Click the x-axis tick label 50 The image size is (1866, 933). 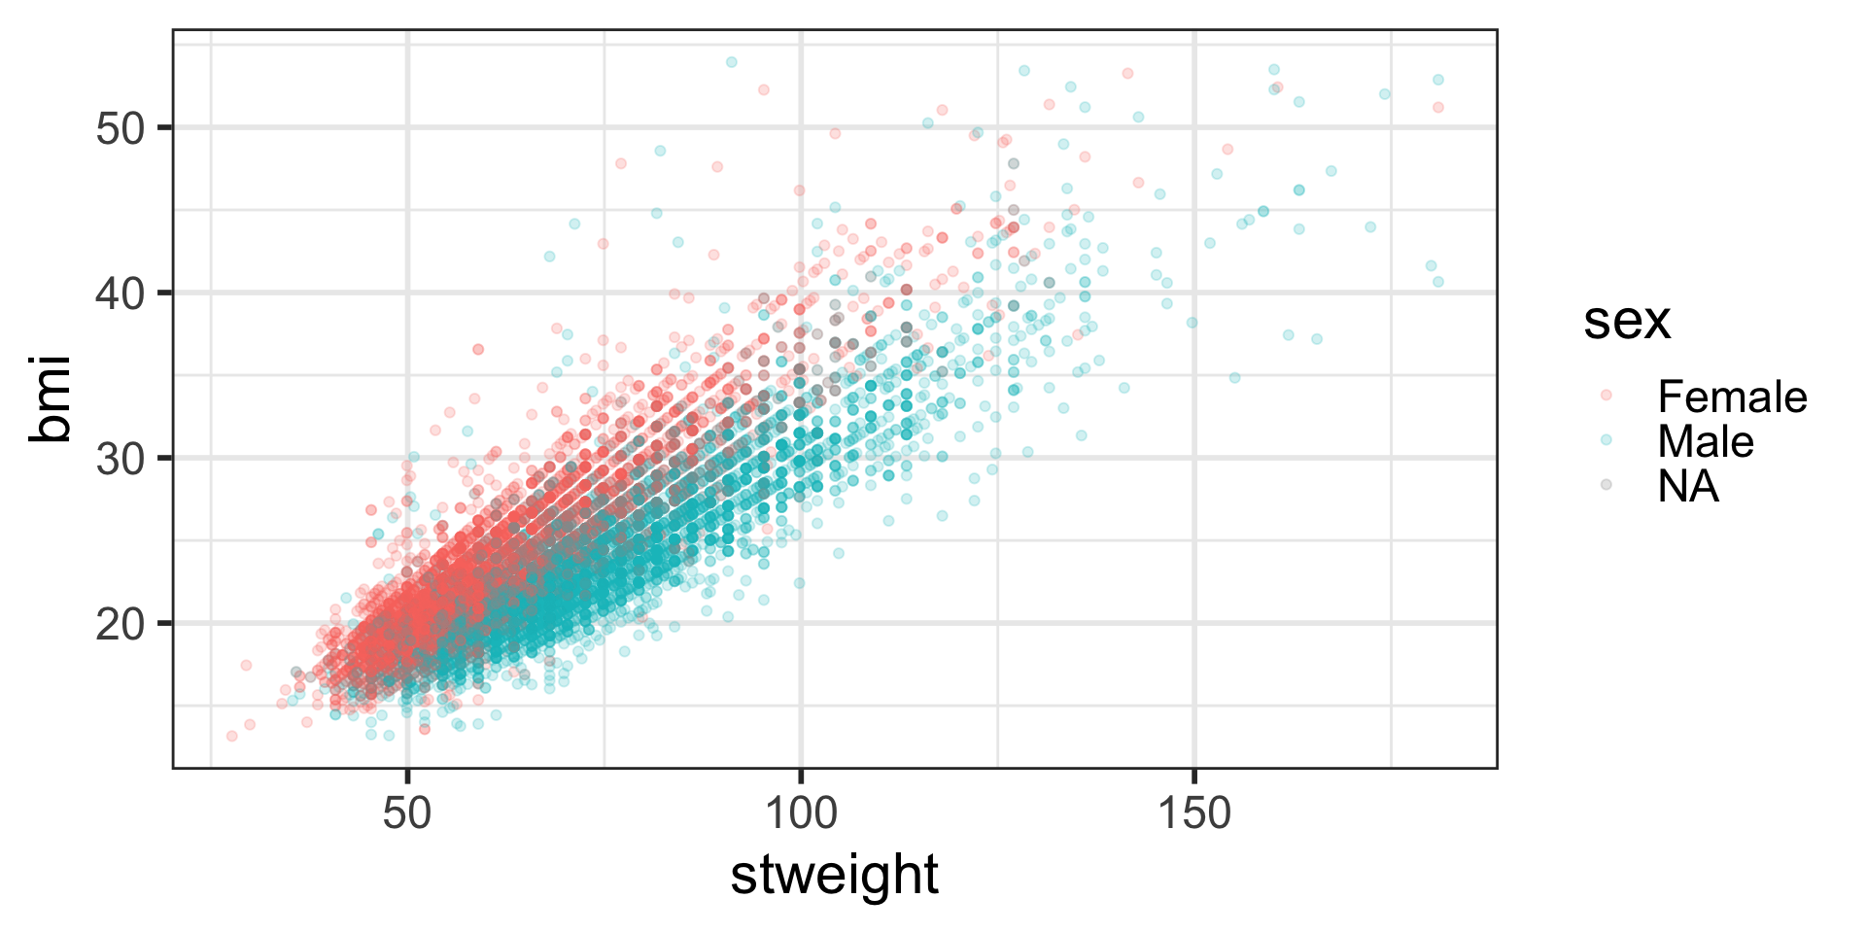[406, 812]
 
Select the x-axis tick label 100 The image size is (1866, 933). [800, 812]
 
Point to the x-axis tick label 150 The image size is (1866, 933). [1193, 812]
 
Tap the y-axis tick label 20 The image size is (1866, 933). [121, 623]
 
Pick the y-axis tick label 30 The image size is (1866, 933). [121, 458]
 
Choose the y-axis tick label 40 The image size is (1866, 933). [121, 293]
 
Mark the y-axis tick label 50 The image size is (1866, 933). [121, 127]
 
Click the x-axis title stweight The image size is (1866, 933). [834, 875]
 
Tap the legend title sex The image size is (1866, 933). [1626, 321]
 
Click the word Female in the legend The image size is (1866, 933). [1732, 397]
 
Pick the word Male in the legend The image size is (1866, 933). [1706, 441]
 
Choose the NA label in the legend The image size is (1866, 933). [1688, 486]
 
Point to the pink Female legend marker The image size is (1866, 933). [1606, 395]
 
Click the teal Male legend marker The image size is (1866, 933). [1606, 439]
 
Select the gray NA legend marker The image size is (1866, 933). [1606, 484]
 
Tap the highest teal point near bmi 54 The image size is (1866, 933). [732, 62]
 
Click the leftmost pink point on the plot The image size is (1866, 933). [231, 736]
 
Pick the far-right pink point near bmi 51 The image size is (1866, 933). [1438, 107]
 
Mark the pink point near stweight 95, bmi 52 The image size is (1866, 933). [764, 89]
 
